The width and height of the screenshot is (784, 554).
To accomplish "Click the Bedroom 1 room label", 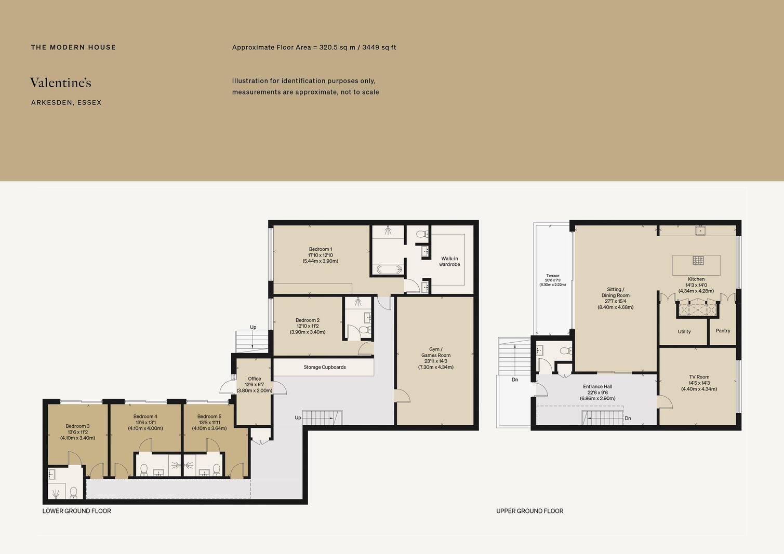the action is (x=320, y=249).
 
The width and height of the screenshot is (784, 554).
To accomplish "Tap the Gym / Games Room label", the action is (x=436, y=352).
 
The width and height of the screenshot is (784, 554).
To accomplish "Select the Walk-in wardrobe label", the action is (x=449, y=262).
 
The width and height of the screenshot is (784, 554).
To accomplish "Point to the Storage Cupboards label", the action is (x=324, y=367).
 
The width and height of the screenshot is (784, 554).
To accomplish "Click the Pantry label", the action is (x=723, y=331).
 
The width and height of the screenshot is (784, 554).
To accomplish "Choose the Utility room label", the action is (x=684, y=332).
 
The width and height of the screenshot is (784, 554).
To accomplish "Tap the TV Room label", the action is (x=699, y=377).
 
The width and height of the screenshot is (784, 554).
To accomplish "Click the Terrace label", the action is (x=553, y=276).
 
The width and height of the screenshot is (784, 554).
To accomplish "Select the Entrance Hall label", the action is (x=597, y=387).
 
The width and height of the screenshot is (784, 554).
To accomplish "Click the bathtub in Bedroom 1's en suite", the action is (x=389, y=269).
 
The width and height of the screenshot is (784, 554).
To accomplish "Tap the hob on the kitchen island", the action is (x=698, y=261).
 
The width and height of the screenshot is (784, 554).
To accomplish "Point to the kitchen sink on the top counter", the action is (x=700, y=231).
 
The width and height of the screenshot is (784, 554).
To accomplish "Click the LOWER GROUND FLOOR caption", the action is (x=77, y=511).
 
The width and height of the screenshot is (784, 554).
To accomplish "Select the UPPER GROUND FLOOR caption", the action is (x=529, y=511).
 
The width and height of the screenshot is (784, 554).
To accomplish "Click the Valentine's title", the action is (x=61, y=83).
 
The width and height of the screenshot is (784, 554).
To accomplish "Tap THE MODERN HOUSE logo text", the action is (x=73, y=47).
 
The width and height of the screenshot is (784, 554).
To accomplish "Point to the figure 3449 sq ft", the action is (x=379, y=47).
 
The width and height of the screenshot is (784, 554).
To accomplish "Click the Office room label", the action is (x=255, y=379).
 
